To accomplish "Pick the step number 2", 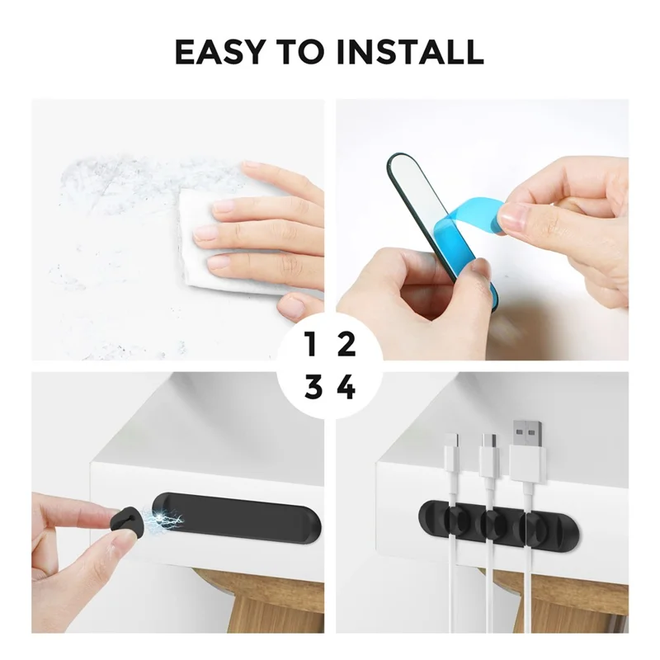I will click(346, 345).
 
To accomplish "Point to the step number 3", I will click(312, 387).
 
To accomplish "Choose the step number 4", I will click(347, 387).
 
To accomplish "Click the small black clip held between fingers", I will click(123, 520).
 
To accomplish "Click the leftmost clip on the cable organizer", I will click(455, 523).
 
